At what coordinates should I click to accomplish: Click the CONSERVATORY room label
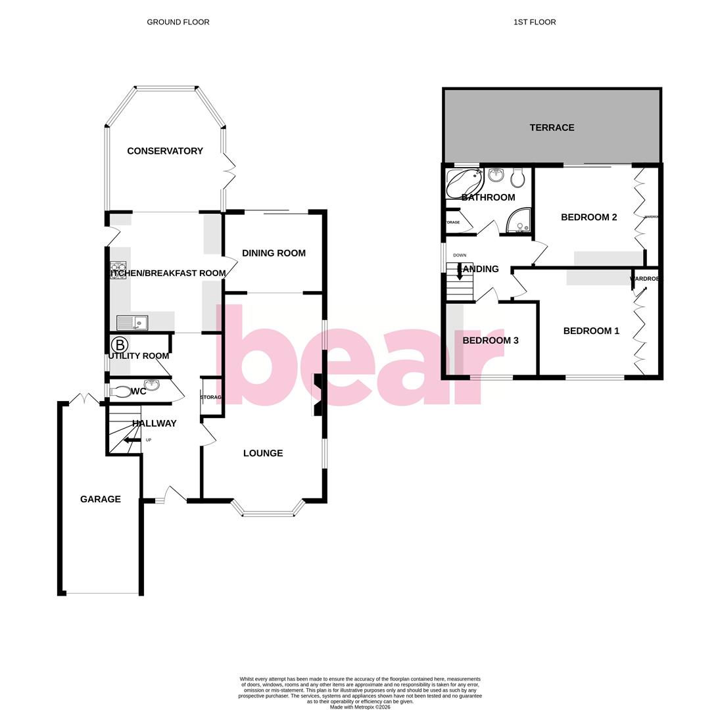click(165, 151)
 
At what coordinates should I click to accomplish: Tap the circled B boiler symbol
click(119, 344)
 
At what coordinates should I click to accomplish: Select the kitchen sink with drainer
click(132, 323)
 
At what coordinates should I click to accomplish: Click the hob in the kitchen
click(118, 270)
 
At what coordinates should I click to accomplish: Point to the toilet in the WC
click(120, 392)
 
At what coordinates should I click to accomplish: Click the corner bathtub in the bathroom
click(463, 182)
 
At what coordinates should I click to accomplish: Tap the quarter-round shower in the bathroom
click(519, 222)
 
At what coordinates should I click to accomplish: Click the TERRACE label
click(552, 128)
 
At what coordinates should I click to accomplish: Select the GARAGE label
click(100, 500)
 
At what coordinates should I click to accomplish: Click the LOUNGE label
click(263, 453)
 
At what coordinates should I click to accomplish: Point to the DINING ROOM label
click(274, 253)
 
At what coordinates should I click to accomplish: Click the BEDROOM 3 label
click(491, 341)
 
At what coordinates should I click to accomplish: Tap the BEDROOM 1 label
click(591, 331)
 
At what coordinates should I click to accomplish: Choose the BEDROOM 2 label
click(588, 218)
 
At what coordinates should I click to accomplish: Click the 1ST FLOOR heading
click(535, 22)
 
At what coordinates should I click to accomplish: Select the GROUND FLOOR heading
click(178, 22)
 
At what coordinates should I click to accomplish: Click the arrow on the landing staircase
click(460, 272)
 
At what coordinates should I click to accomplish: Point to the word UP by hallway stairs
click(149, 440)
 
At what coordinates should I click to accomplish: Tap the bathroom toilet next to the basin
click(517, 177)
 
